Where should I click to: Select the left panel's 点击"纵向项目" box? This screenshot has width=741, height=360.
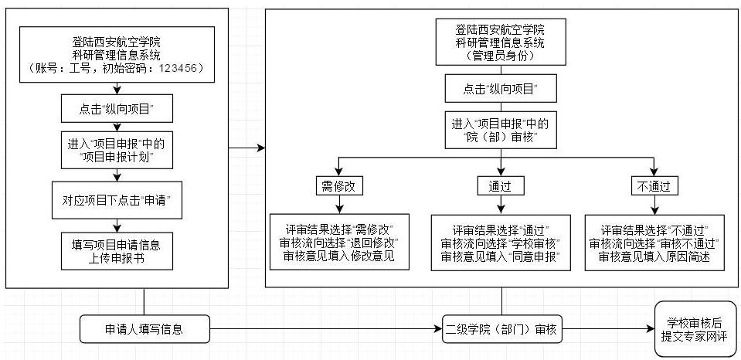click(x=116, y=109)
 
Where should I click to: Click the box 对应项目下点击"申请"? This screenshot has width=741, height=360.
click(x=116, y=200)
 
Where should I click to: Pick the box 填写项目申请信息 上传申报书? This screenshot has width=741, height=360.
click(x=116, y=251)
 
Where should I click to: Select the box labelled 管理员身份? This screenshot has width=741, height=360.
click(x=501, y=42)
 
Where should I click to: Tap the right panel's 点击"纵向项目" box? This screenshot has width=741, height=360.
click(x=501, y=88)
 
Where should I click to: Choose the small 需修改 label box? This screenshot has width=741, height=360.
click(x=338, y=185)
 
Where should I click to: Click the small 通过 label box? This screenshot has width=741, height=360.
click(x=501, y=185)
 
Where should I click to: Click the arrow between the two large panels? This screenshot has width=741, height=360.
click(x=247, y=147)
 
